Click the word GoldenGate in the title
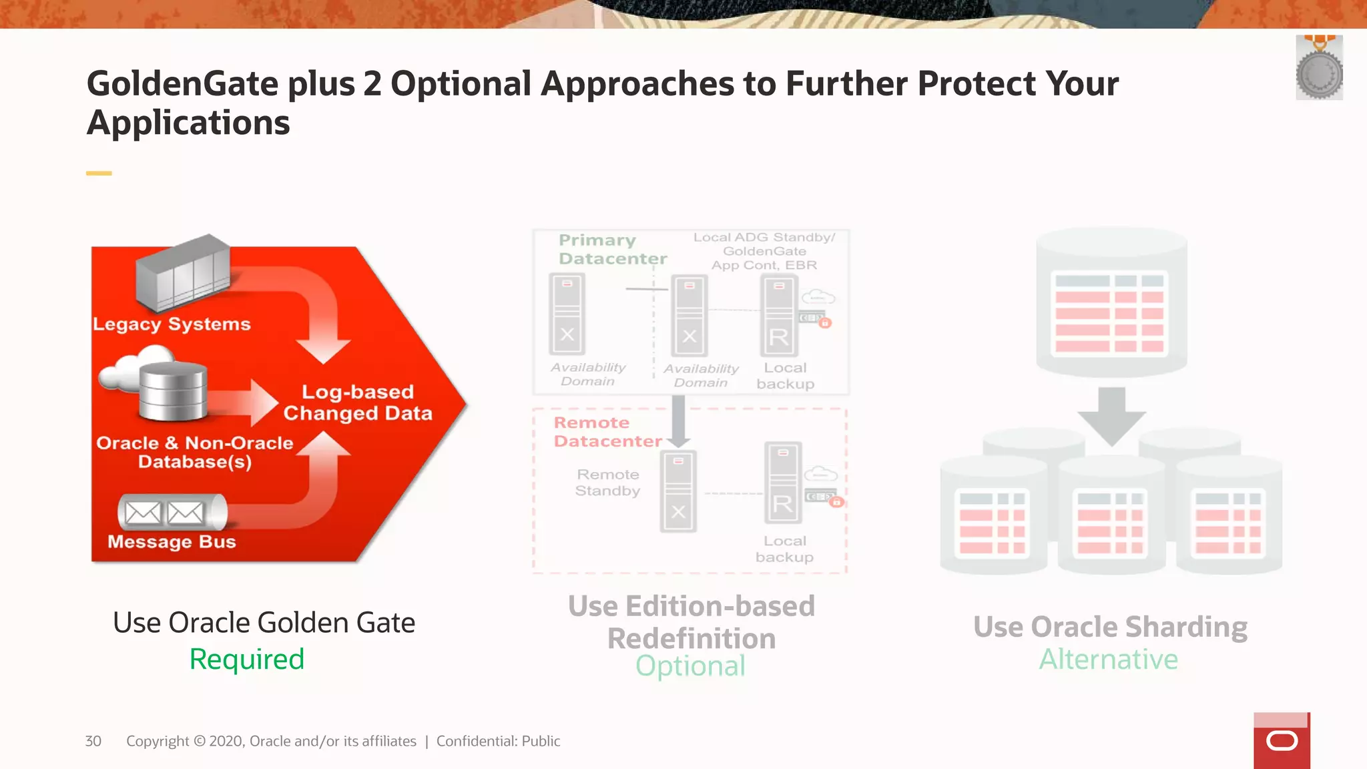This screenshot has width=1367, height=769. pyautogui.click(x=182, y=84)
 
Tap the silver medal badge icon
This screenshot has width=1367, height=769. pyautogui.click(x=1319, y=69)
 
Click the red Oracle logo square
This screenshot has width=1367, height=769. pyautogui.click(x=1282, y=741)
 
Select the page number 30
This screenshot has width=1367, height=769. pyautogui.click(x=93, y=741)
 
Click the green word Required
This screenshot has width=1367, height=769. pyautogui.click(x=246, y=660)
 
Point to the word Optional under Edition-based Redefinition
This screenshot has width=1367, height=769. pyautogui.click(x=690, y=666)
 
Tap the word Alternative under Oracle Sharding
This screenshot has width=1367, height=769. pyautogui.click(x=1109, y=660)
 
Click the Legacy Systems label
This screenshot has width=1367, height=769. pyautogui.click(x=172, y=324)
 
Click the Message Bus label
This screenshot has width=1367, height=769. pyautogui.click(x=172, y=541)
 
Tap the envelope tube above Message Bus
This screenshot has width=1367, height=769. pyautogui.click(x=172, y=513)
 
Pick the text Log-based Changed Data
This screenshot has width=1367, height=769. pyautogui.click(x=358, y=403)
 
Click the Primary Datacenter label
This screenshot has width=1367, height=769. pyautogui.click(x=612, y=249)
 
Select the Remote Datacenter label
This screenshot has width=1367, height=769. pyautogui.click(x=607, y=432)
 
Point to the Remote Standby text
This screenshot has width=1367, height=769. pyautogui.click(x=607, y=483)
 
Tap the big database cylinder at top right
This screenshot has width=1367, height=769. pyautogui.click(x=1111, y=300)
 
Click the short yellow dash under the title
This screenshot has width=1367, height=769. pyautogui.click(x=99, y=174)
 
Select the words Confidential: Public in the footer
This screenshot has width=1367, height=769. pyautogui.click(x=498, y=741)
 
